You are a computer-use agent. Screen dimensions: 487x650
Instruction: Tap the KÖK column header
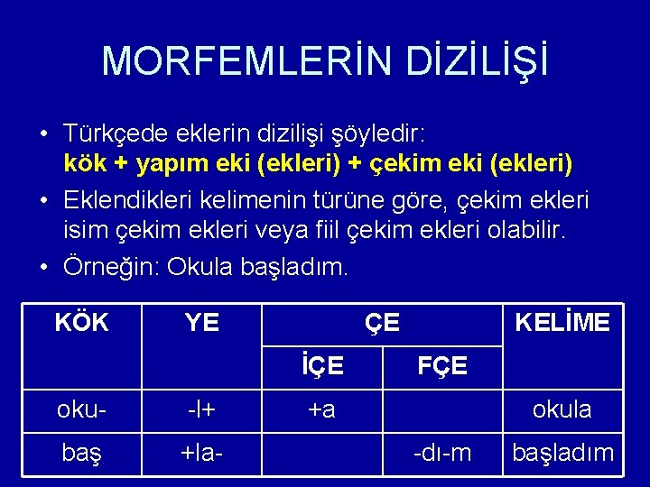point(81,322)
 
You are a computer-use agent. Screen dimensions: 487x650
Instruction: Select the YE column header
point(201,322)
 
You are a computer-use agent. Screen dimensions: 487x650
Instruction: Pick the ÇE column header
point(382,322)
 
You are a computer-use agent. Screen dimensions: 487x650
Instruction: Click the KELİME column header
point(562,322)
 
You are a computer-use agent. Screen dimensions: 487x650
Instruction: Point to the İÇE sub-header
point(321,365)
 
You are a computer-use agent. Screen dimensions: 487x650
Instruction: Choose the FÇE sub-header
point(441,365)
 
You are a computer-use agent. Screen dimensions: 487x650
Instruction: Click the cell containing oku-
point(81,409)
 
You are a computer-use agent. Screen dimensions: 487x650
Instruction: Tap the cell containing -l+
point(201,409)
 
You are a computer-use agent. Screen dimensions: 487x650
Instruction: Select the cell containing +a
point(321,409)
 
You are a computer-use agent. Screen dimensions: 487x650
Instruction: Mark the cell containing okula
point(562,409)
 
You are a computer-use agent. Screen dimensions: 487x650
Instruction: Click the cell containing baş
point(81,453)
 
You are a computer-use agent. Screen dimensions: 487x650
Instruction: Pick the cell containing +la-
point(201,453)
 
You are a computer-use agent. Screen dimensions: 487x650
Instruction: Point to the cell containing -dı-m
point(441,453)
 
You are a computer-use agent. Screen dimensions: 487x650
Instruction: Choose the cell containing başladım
point(562,453)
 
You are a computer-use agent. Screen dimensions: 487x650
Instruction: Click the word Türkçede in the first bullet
point(116,134)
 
